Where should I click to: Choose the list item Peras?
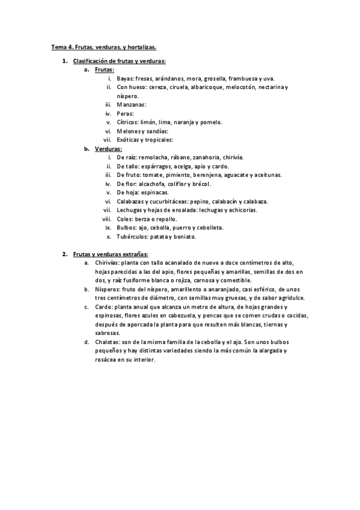point(125,113)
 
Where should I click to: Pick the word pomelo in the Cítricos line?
point(212,122)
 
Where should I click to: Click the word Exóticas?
point(130,140)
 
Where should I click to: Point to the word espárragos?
point(160,166)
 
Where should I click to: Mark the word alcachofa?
point(154,183)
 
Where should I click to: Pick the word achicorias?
point(240,210)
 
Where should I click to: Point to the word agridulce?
point(289,298)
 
